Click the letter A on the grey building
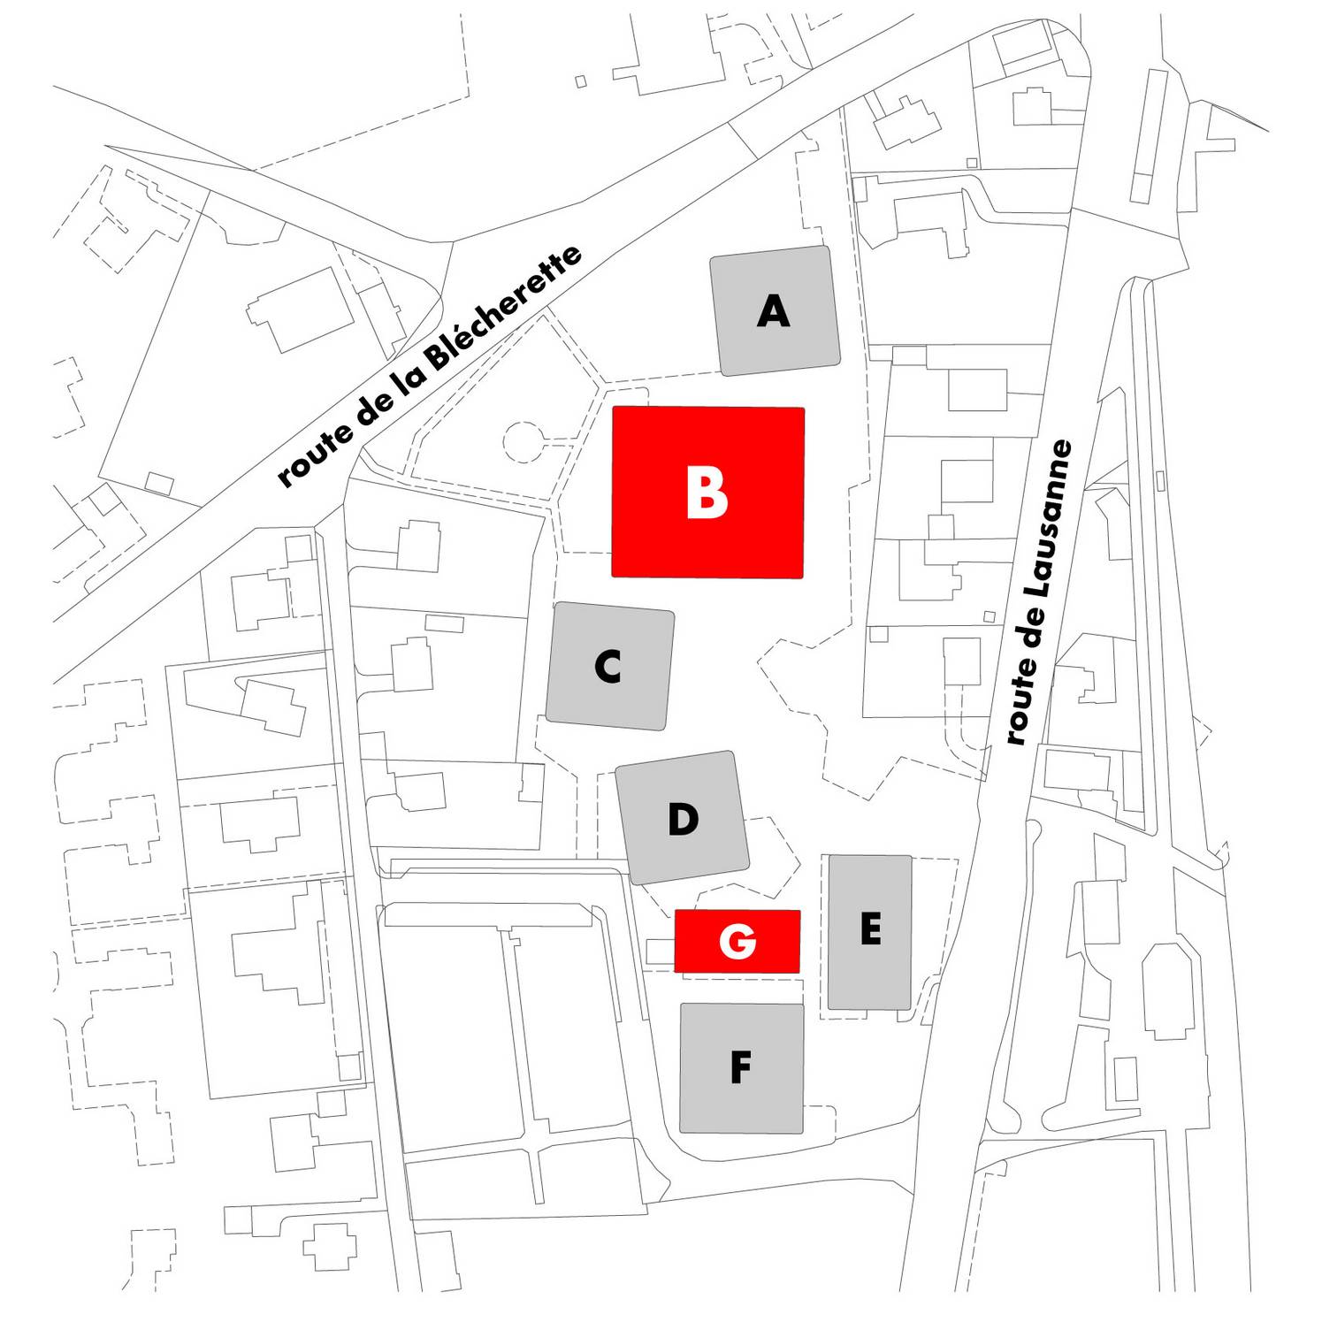[773, 311]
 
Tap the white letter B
[707, 493]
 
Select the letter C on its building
[608, 667]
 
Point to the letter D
[683, 820]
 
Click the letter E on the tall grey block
[870, 929]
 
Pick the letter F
[740, 1067]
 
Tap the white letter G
[737, 941]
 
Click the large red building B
[708, 493]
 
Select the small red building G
[737, 941]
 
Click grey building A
[776, 311]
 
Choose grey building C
[610, 667]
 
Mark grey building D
[683, 818]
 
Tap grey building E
[869, 932]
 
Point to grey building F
[742, 1068]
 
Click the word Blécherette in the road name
[504, 309]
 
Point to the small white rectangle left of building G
[661, 952]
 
